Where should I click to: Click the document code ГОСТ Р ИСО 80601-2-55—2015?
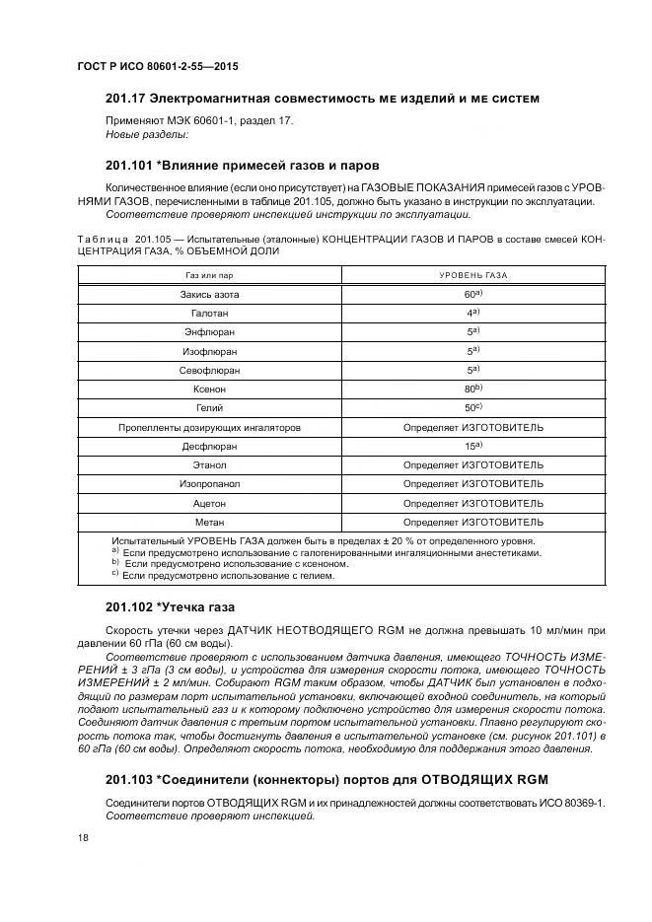point(158,66)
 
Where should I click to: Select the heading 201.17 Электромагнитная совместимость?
point(323,99)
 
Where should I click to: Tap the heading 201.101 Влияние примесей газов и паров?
point(242,165)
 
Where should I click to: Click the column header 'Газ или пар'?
point(208,275)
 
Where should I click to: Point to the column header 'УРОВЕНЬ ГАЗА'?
point(472,275)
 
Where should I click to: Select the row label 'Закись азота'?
point(209,295)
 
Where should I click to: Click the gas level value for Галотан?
point(472,313)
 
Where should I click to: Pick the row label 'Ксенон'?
point(209,389)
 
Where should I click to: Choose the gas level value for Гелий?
point(472,407)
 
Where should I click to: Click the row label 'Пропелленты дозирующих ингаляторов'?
point(209,427)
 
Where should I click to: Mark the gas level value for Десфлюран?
point(472,446)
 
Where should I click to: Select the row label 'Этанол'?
point(209,464)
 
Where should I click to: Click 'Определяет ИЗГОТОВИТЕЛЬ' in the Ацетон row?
point(472,502)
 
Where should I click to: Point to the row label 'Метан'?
point(209,521)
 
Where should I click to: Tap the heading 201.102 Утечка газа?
point(170,606)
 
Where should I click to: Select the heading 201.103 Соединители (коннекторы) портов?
point(326,779)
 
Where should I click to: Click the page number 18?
point(83,836)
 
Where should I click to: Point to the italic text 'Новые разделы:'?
point(146,133)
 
